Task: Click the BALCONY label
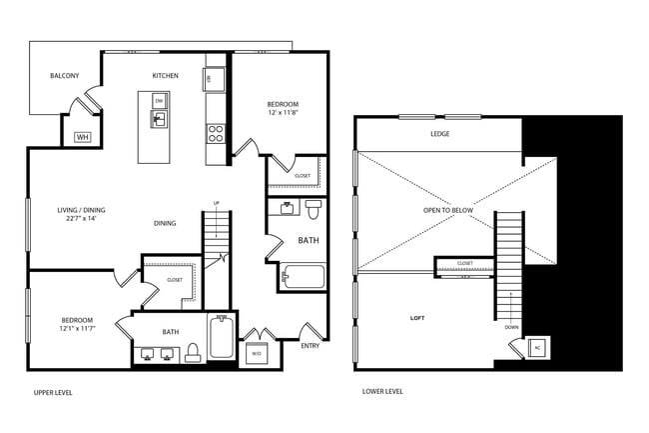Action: point(65,76)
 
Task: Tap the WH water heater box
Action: point(83,137)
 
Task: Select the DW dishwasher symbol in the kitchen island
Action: point(159,100)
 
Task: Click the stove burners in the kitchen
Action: point(214,132)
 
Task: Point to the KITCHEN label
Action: point(165,76)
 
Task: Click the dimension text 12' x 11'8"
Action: point(282,114)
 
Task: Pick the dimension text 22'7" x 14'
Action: point(81,218)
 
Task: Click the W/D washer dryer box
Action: point(256,353)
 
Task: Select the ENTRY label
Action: point(311,346)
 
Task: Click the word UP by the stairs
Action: point(216,204)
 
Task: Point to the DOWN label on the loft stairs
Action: point(511,327)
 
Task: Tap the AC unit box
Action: point(536,347)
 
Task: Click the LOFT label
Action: point(417,318)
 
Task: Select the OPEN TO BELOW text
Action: point(440,211)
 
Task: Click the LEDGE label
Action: point(439,134)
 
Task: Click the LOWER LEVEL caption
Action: point(382,392)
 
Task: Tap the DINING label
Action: point(165,223)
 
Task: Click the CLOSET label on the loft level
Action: point(465,263)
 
